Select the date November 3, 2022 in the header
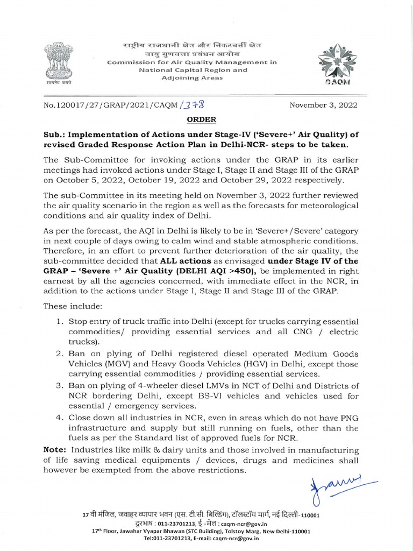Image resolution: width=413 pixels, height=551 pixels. [x=323, y=105]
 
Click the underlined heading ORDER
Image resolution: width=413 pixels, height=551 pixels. [x=201, y=119]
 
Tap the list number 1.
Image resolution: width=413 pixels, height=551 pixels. [x=60, y=321]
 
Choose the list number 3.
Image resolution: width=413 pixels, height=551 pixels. [x=60, y=386]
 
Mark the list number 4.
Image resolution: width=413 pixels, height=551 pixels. [x=60, y=418]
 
